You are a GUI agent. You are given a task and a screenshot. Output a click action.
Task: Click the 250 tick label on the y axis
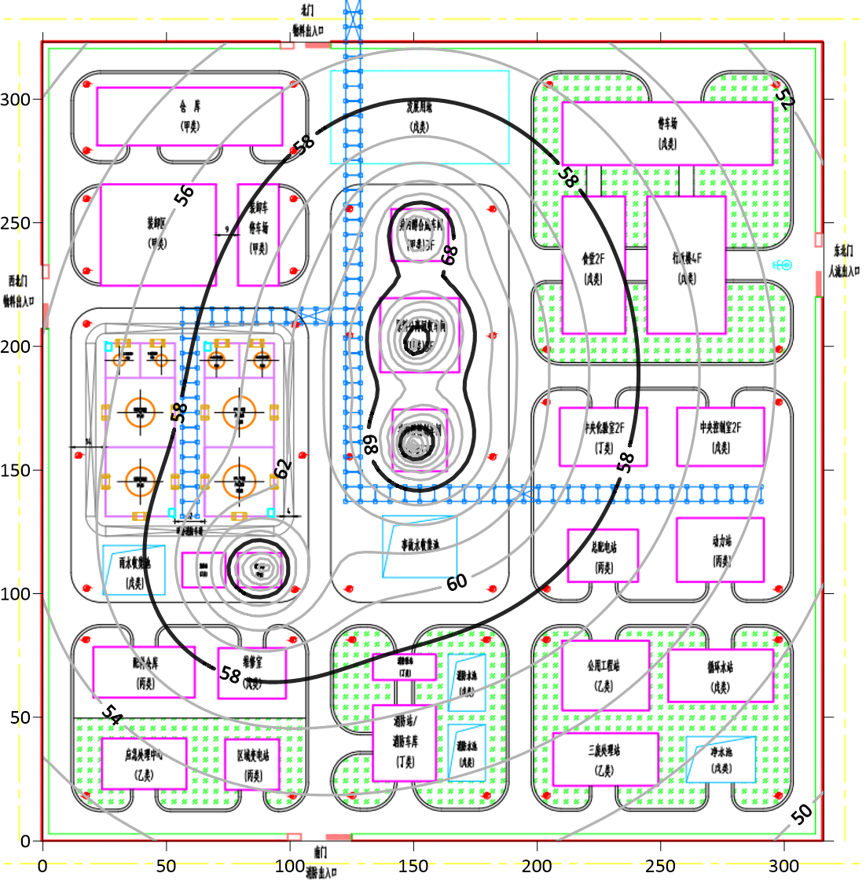tap(15, 223)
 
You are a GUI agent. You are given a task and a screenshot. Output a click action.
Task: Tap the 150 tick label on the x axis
tap(413, 866)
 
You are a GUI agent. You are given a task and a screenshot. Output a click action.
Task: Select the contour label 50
tap(801, 814)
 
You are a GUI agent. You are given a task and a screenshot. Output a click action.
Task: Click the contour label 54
tap(112, 715)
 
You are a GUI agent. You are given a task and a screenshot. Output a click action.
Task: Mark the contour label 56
tap(184, 196)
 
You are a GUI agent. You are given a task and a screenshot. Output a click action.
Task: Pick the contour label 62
tap(282, 468)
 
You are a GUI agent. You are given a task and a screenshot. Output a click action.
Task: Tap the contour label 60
tap(457, 582)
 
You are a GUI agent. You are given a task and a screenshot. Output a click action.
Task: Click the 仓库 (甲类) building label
tap(189, 116)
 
